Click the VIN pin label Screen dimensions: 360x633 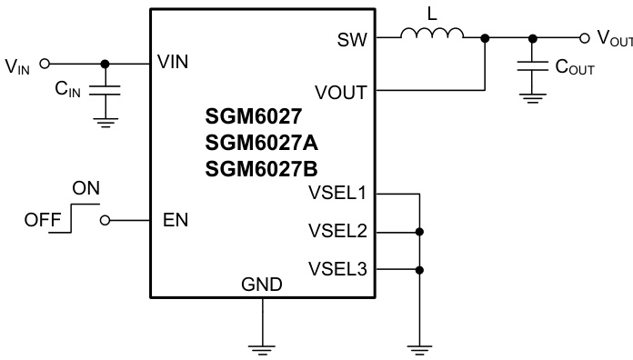pos(173,63)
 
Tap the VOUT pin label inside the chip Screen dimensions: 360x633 pos(341,91)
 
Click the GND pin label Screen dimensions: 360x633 pos(261,285)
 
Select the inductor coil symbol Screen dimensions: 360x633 pos(432,35)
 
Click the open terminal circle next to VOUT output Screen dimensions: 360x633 pos(585,37)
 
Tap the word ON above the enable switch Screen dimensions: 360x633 pos(85,188)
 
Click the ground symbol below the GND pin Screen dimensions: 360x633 pos(262,345)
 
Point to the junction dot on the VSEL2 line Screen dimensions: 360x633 pos(419,232)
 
